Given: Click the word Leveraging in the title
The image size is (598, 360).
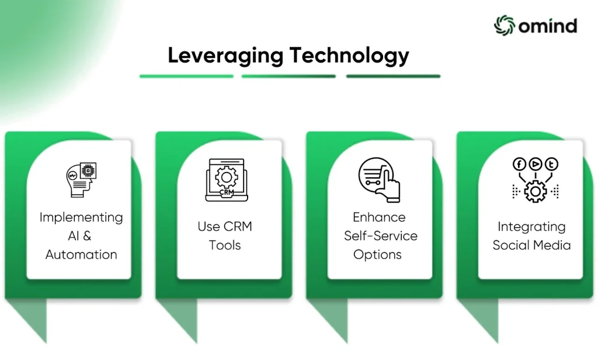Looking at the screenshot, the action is [x=225, y=56].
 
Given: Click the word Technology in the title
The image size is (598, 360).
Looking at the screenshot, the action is [x=349, y=56].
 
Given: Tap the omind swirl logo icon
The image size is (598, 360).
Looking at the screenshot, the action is [x=505, y=26].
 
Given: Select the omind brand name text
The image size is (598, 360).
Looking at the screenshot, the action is [x=548, y=26].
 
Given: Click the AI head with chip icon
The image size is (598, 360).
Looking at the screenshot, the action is [x=81, y=180].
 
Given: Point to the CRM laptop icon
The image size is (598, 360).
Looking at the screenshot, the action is [x=227, y=180].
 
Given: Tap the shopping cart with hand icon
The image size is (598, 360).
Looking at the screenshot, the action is [x=379, y=180].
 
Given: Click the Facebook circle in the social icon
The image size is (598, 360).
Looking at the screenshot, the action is [x=519, y=164].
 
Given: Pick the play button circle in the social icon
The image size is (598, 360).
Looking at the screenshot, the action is [x=536, y=164].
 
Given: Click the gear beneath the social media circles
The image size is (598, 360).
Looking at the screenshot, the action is [x=536, y=191].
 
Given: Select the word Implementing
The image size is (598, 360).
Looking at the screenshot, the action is [x=81, y=217].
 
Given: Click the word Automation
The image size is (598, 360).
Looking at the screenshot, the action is [x=81, y=255].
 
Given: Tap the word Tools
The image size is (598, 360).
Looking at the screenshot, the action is [x=225, y=245].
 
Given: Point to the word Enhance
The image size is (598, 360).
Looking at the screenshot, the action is [x=379, y=217].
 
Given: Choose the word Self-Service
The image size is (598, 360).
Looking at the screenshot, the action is [x=381, y=236].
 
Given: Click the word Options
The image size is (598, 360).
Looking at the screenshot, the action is [x=378, y=255].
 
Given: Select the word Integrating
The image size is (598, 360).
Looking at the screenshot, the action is [x=531, y=227].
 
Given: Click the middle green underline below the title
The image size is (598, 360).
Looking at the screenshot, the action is [x=288, y=77].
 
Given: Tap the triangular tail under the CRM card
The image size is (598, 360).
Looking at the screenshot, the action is [x=182, y=319].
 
